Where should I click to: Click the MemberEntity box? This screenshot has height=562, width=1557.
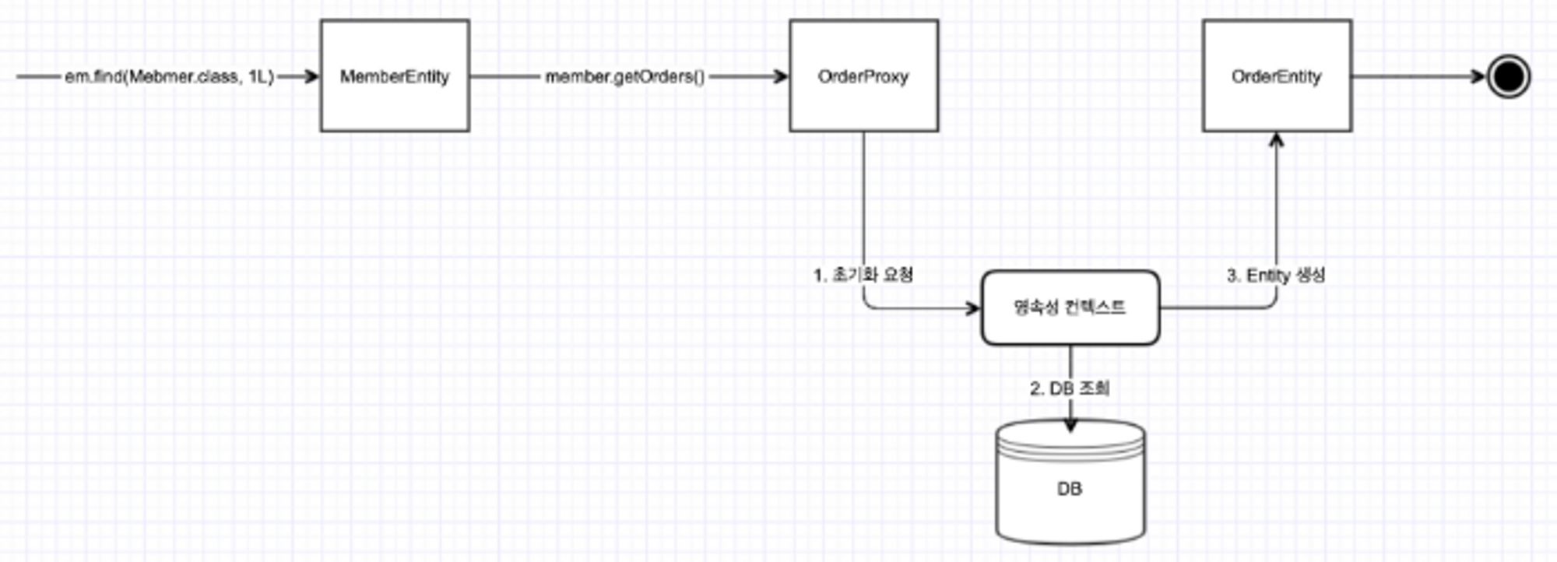tap(395, 76)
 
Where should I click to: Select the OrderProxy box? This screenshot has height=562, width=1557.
tap(863, 76)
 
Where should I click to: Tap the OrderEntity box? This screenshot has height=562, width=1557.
tap(1277, 76)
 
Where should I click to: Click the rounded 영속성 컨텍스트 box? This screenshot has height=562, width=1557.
tap(1070, 307)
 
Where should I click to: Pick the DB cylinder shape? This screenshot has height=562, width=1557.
tap(1070, 483)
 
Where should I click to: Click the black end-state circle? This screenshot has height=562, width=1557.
tap(1508, 76)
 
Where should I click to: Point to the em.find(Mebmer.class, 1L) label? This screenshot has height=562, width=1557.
tap(169, 77)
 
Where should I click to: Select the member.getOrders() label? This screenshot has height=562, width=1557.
tap(624, 77)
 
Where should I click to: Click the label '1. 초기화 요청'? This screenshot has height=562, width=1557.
tap(863, 275)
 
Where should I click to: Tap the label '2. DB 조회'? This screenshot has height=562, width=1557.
tap(1070, 388)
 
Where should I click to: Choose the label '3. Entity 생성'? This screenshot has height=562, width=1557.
tap(1276, 275)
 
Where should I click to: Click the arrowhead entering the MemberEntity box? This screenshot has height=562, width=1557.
tap(312, 76)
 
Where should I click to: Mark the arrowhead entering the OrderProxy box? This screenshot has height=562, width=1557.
tap(781, 76)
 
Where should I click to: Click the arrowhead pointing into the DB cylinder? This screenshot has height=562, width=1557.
tap(1070, 425)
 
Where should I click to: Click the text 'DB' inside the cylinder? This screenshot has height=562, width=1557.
tap(1070, 489)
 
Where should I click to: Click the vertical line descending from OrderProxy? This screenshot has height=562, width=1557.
tap(863, 202)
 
